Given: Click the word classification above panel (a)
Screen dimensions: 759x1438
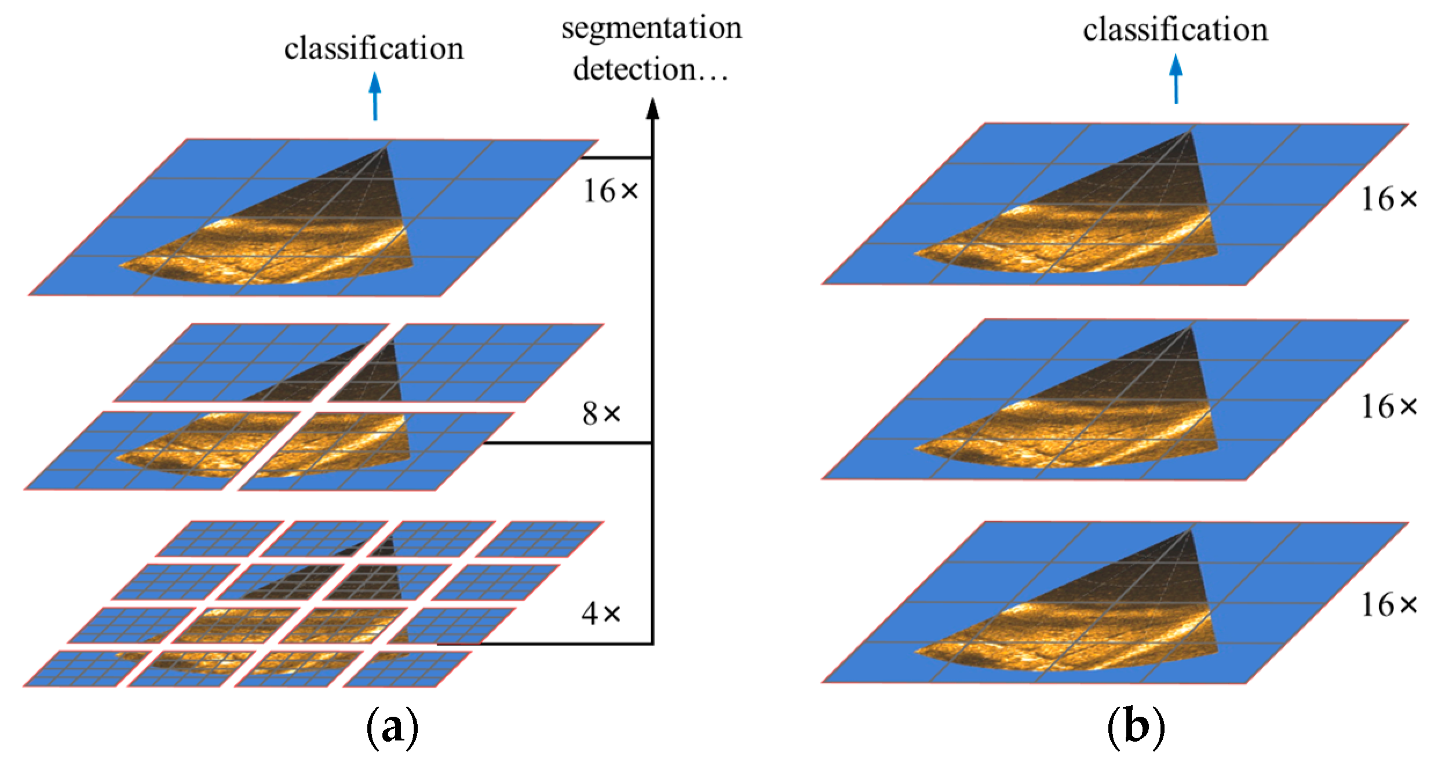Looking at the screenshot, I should pyautogui.click(x=374, y=48).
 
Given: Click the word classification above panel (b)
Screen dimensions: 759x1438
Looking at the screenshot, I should pyautogui.click(x=1176, y=30).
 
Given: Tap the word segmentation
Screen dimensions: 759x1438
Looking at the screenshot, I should pyautogui.click(x=652, y=28).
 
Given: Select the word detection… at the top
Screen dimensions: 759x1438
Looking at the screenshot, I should pyautogui.click(x=651, y=69).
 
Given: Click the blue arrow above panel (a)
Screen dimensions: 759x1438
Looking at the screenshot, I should pyautogui.click(x=375, y=96).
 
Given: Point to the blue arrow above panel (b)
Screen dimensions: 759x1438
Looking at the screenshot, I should pyautogui.click(x=1176, y=78).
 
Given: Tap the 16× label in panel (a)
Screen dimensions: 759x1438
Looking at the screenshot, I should pyautogui.click(x=611, y=191).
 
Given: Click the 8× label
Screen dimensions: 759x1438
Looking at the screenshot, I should pyautogui.click(x=601, y=413).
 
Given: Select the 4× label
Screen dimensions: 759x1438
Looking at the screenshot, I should pyautogui.click(x=601, y=613).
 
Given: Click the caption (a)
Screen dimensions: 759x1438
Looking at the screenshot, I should pyautogui.click(x=392, y=728).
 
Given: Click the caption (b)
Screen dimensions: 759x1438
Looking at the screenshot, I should pyautogui.click(x=1136, y=728).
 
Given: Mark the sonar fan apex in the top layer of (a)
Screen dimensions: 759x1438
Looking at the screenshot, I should pyautogui.click(x=385, y=148).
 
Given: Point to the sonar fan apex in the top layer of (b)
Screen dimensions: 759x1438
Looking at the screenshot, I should pyautogui.click(x=1190, y=132).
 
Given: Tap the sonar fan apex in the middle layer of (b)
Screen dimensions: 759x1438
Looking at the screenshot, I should pyautogui.click(x=1190, y=328).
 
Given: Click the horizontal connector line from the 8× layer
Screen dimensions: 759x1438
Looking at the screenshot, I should pyautogui.click(x=568, y=443).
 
